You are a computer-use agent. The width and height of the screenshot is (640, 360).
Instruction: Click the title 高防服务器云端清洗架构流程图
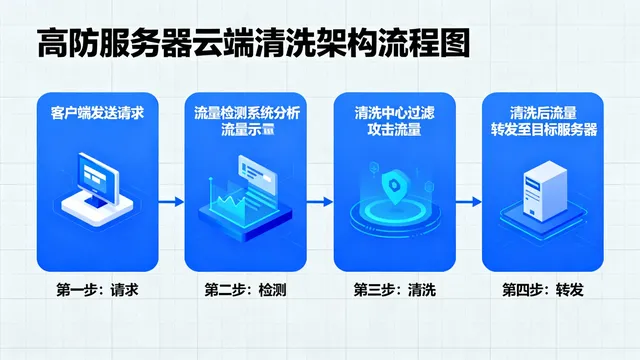[x=249, y=44]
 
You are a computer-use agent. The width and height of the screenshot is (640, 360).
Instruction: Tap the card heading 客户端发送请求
[x=97, y=113]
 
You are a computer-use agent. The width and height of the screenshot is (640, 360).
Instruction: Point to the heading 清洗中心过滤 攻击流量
[x=393, y=121]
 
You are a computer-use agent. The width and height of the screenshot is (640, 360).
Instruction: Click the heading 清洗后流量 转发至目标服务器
[x=541, y=121]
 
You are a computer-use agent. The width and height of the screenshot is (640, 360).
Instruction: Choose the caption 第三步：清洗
[x=393, y=290]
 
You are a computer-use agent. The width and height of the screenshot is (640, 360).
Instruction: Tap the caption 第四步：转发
[x=541, y=290]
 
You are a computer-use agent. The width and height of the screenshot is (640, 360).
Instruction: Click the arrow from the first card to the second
[x=171, y=201]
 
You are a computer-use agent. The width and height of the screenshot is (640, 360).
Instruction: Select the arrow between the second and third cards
[x=319, y=201]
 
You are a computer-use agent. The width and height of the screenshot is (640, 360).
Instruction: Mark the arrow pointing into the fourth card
[x=467, y=201]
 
